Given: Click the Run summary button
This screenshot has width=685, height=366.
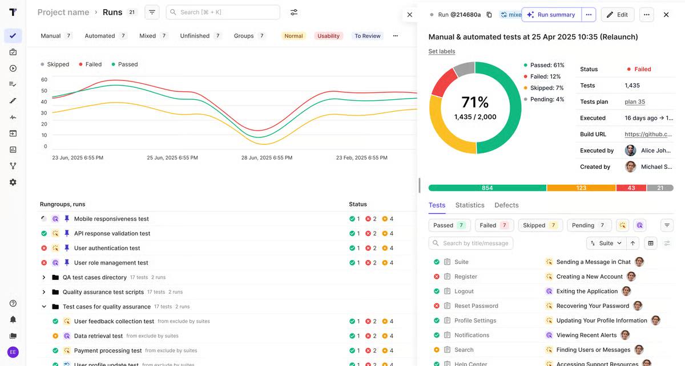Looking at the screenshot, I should point(551,15).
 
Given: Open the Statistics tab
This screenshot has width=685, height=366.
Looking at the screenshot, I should point(470,205).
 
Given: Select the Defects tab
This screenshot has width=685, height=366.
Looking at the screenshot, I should point(506,205).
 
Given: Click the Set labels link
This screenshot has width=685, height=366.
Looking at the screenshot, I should point(442,51).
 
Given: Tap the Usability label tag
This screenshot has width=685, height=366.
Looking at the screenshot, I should point(328,36).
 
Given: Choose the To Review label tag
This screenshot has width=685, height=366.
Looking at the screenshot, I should point(367,36).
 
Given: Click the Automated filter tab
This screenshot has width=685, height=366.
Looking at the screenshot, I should point(100,36).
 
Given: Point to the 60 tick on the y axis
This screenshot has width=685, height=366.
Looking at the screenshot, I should point(44,80).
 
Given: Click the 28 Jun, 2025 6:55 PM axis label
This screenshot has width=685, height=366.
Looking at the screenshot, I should point(267,157).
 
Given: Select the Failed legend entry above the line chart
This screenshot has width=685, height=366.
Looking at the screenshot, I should point(93,64).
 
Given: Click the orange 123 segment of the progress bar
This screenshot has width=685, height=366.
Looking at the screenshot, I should point(581,188).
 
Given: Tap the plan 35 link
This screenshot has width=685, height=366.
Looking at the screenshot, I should point(635,101).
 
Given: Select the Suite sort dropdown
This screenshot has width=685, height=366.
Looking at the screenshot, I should point(606,243).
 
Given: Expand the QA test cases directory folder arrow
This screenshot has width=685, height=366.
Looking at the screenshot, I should point(44,278).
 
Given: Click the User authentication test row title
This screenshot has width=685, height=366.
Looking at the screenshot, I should point(107,248).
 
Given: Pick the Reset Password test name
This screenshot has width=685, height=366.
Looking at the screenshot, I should point(476,306).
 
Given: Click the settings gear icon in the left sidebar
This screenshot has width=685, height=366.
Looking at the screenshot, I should point(13,182).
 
